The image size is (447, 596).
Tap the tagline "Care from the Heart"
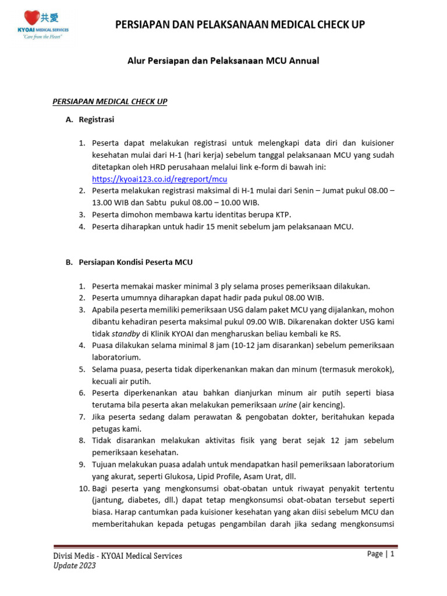(x=42, y=37)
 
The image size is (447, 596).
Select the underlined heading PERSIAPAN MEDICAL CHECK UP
(x=110, y=101)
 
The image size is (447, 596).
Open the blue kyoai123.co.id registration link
(x=159, y=179)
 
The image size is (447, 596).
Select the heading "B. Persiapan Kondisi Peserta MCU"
(x=129, y=262)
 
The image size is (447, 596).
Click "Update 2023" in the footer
(x=74, y=566)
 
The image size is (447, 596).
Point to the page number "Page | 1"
(x=381, y=554)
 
